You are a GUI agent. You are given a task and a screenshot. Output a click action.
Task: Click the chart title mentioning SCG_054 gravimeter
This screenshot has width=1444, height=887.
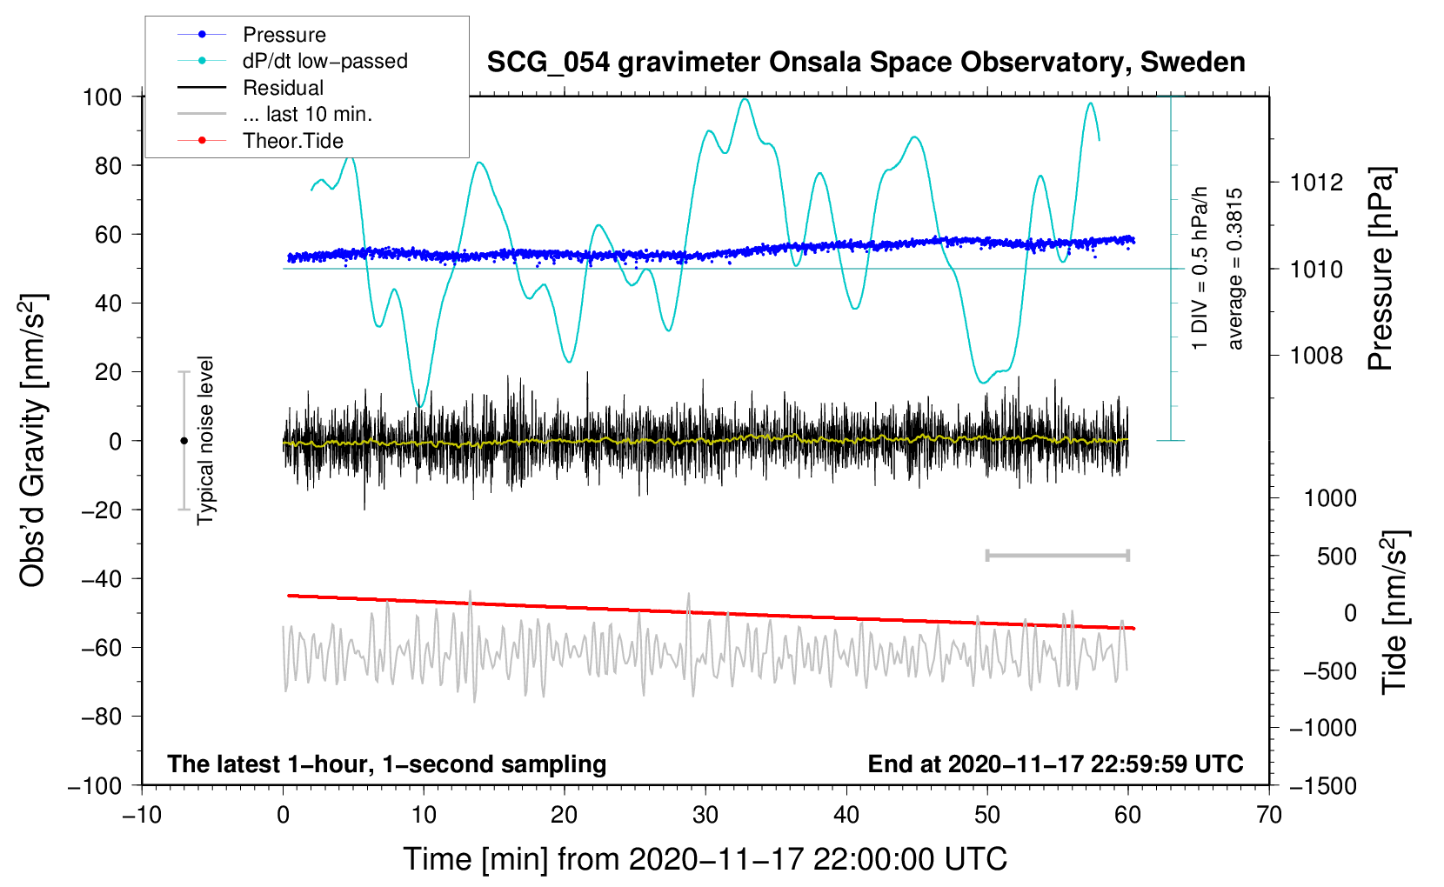(x=866, y=63)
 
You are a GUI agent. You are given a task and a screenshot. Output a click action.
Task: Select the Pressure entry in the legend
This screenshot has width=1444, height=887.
(x=284, y=34)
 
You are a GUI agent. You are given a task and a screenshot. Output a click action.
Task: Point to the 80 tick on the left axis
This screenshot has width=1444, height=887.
(x=108, y=166)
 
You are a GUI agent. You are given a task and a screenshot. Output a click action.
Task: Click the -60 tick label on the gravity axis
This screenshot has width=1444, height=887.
(x=101, y=647)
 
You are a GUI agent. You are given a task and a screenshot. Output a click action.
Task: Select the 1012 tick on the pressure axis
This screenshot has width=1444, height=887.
(x=1316, y=183)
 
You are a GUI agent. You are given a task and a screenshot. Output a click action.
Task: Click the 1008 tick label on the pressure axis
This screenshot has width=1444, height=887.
(x=1316, y=355)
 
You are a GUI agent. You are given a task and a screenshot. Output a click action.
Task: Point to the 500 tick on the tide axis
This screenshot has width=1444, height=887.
(x=1336, y=556)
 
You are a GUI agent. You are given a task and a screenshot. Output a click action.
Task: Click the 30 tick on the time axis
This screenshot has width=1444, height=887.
(x=705, y=815)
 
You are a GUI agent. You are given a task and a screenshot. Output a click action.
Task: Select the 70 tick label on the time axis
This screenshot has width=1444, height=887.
(x=1268, y=815)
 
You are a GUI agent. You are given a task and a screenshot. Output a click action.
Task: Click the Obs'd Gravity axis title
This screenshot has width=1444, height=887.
(x=32, y=440)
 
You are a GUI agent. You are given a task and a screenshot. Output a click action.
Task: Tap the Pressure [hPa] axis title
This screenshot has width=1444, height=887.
(x=1380, y=269)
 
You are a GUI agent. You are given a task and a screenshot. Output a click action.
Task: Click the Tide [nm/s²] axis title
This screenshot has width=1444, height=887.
(x=1395, y=612)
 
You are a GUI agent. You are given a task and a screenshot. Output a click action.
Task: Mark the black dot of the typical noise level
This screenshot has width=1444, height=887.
(x=184, y=441)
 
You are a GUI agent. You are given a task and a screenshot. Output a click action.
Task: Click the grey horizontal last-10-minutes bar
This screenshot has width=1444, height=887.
(x=1057, y=555)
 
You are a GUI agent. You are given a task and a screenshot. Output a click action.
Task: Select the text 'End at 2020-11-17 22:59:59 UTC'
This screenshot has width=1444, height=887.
(x=1055, y=764)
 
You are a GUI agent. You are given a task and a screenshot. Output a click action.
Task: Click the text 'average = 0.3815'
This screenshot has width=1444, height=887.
(x=1234, y=269)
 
